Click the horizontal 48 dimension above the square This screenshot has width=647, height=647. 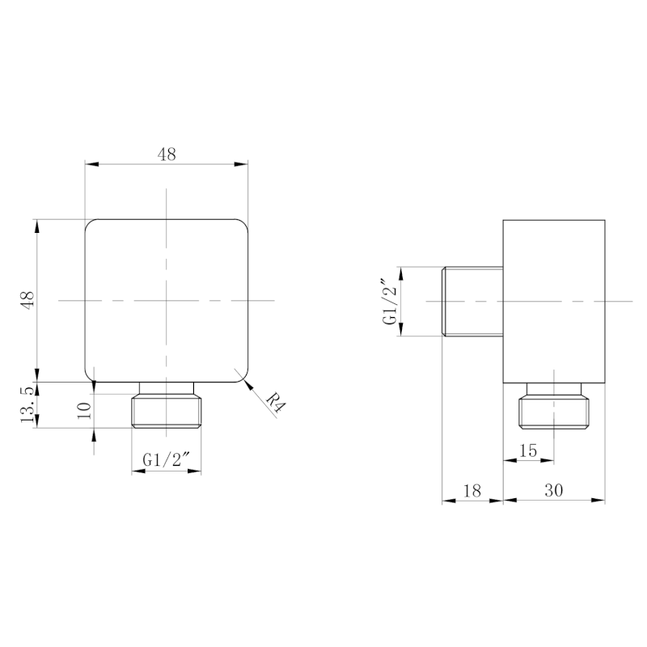tap(167, 154)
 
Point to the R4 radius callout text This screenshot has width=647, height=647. tap(275, 402)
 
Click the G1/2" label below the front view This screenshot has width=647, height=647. tap(166, 460)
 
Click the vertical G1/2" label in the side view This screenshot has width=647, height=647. tap(391, 302)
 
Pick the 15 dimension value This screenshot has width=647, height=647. tap(528, 450)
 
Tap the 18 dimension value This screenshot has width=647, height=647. tap(472, 490)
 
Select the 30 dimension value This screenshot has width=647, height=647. tap(554, 490)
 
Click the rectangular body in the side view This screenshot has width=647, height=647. tap(554, 300)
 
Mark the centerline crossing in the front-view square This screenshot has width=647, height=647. tap(166, 300)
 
